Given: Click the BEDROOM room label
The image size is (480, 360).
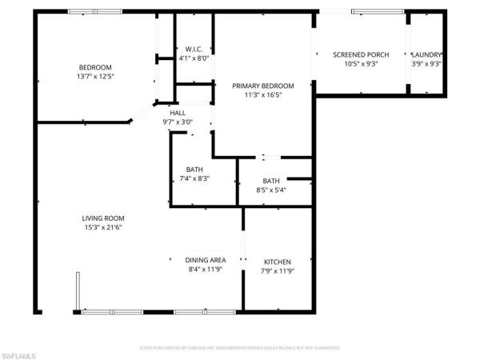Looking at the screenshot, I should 94,66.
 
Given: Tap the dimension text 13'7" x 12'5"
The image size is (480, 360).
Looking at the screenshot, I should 94,76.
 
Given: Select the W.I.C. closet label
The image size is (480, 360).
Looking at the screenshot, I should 193,48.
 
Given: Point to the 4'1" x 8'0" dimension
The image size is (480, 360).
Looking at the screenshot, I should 193,58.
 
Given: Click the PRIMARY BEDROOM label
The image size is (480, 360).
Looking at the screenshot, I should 263,86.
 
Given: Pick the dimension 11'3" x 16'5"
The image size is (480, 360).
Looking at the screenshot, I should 263,95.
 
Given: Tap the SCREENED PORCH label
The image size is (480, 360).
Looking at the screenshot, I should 361,54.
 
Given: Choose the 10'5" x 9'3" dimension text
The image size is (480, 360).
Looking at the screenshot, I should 361,64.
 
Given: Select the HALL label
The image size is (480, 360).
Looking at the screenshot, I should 177,113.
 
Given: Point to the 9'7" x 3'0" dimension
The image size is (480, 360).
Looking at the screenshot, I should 177,122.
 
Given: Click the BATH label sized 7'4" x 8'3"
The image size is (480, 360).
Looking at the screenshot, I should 194,169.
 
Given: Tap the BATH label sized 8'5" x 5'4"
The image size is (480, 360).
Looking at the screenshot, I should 271,181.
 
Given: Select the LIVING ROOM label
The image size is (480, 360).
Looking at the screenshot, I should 103,218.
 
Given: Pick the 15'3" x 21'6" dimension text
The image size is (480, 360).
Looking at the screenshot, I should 103,227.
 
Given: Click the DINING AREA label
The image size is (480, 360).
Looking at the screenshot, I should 206,260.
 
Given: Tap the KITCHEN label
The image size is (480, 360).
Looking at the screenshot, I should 278,262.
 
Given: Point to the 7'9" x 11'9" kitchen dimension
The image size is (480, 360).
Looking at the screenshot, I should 278,271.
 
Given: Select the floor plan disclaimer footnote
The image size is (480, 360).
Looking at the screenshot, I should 240,348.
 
